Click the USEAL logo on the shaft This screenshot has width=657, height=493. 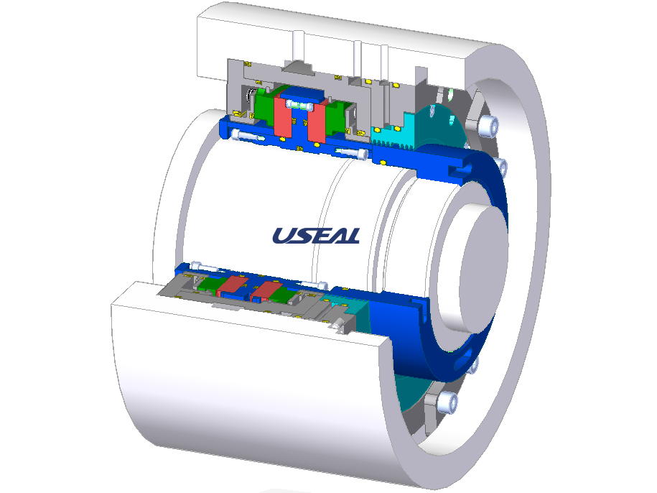point(317,236)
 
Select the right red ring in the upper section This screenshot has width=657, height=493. point(317,121)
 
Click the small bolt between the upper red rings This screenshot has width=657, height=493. point(299,105)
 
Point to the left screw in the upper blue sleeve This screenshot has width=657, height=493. point(247,136)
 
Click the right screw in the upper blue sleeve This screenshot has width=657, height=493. point(352,153)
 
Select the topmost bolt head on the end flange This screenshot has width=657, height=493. point(489,125)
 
